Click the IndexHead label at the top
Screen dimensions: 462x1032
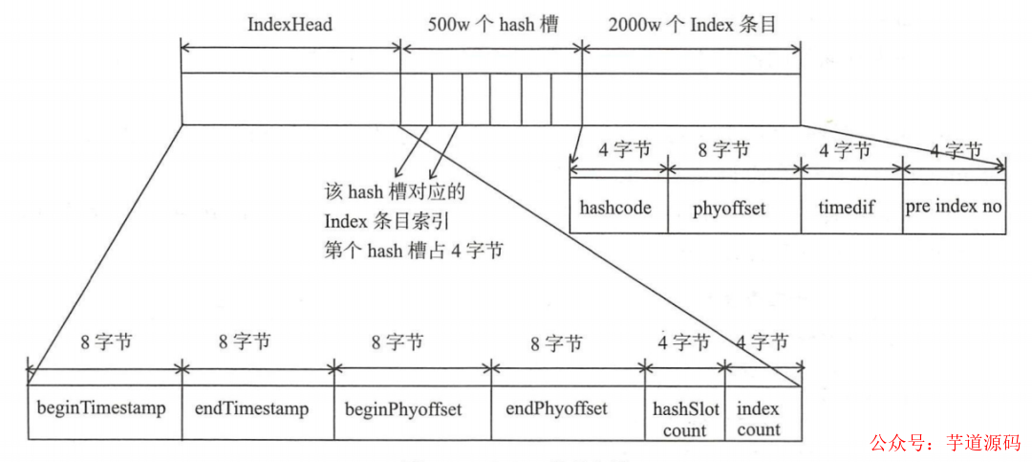(290, 25)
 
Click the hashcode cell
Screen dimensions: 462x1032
(616, 207)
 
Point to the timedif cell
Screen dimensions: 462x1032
(849, 207)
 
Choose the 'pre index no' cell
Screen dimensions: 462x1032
(953, 207)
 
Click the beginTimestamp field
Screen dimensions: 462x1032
(102, 409)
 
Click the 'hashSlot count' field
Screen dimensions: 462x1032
(684, 419)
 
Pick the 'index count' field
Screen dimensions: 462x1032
(759, 419)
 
